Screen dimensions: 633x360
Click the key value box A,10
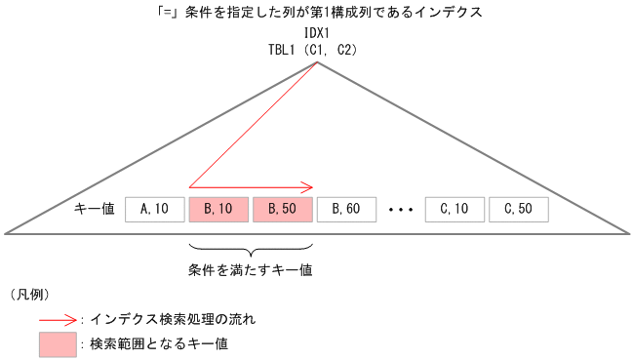click(x=156, y=208)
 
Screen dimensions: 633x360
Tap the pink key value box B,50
click(x=282, y=208)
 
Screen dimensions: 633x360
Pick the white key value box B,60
click(x=346, y=208)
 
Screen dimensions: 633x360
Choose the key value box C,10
click(x=455, y=208)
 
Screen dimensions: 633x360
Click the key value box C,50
click(x=518, y=208)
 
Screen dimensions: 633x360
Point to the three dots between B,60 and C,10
click(x=401, y=209)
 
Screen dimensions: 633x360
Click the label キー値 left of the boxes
click(x=95, y=208)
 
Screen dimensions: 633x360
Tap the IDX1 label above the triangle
click(x=316, y=32)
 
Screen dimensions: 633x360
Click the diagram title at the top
click(x=316, y=12)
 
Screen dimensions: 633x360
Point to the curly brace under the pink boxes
click(x=250, y=247)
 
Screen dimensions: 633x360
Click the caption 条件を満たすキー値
click(x=250, y=268)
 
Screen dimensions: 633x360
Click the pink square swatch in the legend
click(x=57, y=343)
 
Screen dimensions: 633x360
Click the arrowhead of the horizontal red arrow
click(x=307, y=186)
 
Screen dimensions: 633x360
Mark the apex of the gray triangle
click(x=317, y=62)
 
